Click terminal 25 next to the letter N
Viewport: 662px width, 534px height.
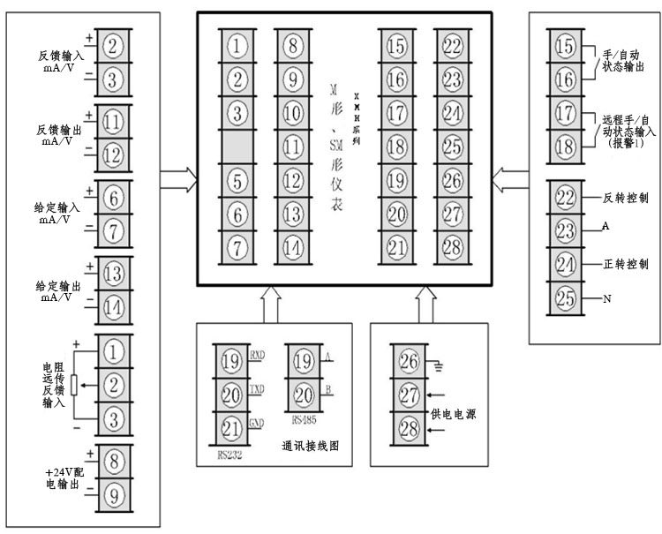(565, 297)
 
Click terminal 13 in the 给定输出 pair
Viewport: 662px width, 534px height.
(112, 274)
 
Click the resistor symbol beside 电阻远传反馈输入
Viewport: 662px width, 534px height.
(74, 384)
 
